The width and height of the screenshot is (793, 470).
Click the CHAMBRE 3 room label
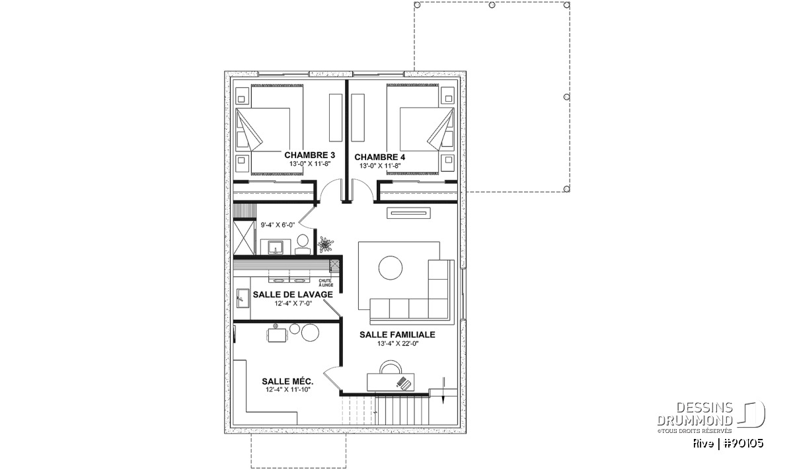point(309,155)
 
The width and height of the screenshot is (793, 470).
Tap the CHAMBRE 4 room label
point(379,157)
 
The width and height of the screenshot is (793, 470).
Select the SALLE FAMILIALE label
point(397,334)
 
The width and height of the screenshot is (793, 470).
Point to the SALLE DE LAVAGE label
point(293,294)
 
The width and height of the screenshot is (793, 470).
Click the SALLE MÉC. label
point(287,381)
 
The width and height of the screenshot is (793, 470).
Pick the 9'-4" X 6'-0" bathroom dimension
point(278,225)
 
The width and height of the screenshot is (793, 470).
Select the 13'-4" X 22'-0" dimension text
point(398,343)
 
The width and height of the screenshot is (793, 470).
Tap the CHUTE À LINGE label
point(325,283)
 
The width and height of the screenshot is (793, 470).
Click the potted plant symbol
point(325,245)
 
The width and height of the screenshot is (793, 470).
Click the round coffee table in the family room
point(390,268)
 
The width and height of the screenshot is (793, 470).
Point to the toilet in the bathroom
point(303,245)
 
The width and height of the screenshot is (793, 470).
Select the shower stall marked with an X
point(244,238)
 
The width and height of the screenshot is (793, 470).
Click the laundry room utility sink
point(243,298)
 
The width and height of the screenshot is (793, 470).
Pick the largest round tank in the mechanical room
point(310,333)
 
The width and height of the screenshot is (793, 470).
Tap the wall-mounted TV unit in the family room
point(408,213)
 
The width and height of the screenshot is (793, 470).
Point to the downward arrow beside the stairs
point(443,390)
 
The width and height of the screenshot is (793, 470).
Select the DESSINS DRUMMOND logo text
point(695,414)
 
